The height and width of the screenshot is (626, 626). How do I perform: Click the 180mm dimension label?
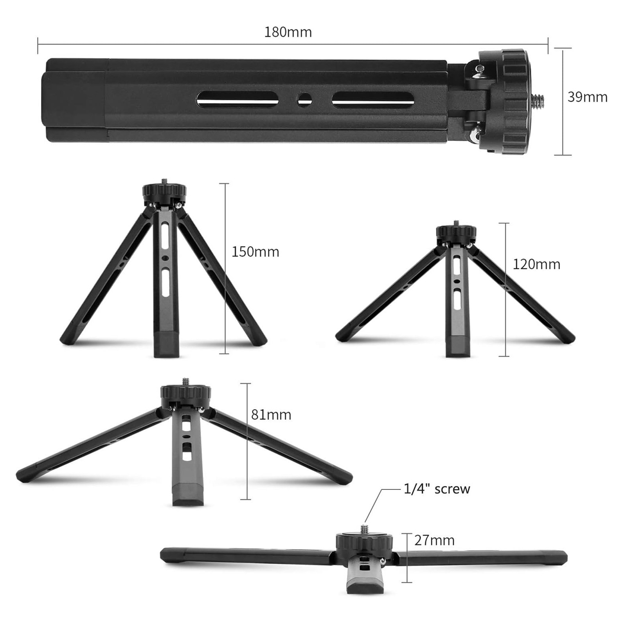[288, 32]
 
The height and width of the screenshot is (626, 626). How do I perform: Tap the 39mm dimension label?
[588, 97]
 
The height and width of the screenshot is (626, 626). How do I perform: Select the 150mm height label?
[255, 252]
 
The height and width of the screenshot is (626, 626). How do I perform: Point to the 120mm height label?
[536, 264]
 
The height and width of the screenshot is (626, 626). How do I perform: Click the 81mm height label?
[271, 415]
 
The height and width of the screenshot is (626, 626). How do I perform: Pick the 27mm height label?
[434, 541]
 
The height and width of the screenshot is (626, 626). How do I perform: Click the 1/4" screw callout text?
[437, 489]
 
